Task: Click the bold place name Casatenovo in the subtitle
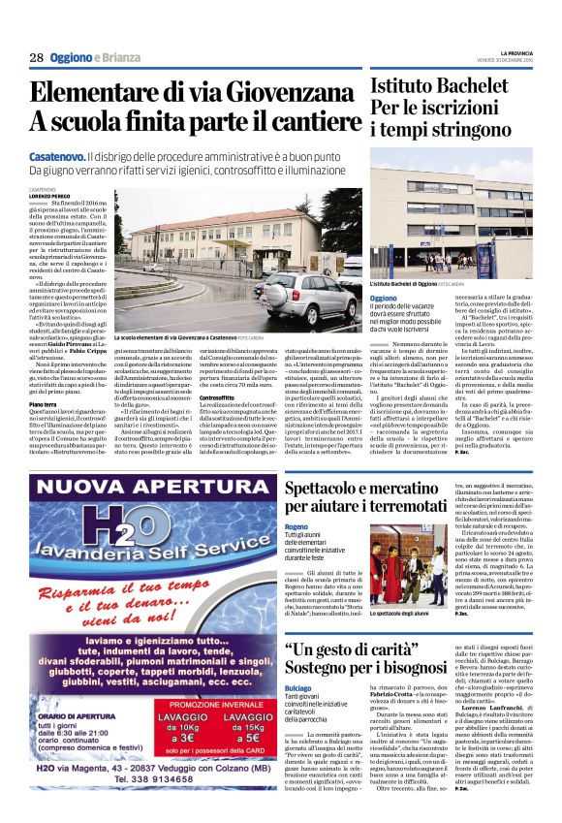coord(56,155)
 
